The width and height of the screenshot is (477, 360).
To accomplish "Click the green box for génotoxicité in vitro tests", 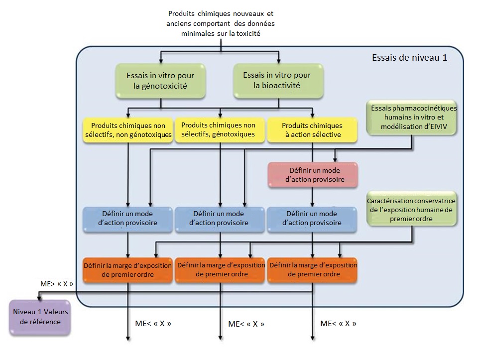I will click(x=160, y=80).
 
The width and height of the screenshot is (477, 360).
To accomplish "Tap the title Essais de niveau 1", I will click(x=409, y=57).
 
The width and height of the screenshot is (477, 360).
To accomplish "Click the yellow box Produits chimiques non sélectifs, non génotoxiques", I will click(x=128, y=130).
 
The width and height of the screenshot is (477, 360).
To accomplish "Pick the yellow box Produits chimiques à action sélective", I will click(x=312, y=130).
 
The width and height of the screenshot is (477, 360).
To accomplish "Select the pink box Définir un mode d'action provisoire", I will click(x=312, y=174).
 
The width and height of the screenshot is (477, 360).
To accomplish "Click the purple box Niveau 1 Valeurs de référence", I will click(x=40, y=317).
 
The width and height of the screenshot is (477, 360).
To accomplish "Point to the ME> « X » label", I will click(x=57, y=284).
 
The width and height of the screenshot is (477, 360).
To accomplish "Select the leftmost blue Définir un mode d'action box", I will click(x=128, y=218).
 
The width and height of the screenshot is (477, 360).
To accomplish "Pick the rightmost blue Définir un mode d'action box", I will click(x=313, y=218).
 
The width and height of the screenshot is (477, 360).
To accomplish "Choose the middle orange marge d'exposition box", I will click(x=221, y=269).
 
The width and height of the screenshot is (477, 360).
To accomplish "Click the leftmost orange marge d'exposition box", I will click(x=128, y=269).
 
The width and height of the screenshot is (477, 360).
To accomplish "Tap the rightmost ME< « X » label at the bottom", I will click(x=339, y=323).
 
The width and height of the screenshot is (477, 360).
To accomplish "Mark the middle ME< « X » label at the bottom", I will click(x=246, y=324).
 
